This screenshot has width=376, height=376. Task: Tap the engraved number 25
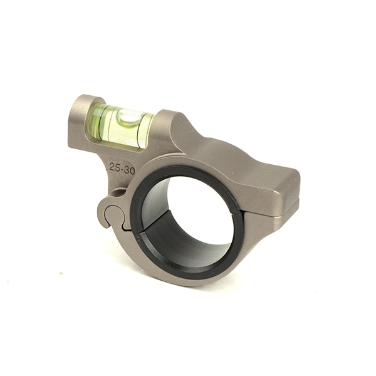click(113, 167)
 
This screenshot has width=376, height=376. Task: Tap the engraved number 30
click(129, 168)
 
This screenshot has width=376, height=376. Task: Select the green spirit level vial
click(122, 125)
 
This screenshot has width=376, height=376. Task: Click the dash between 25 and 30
click(121, 168)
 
